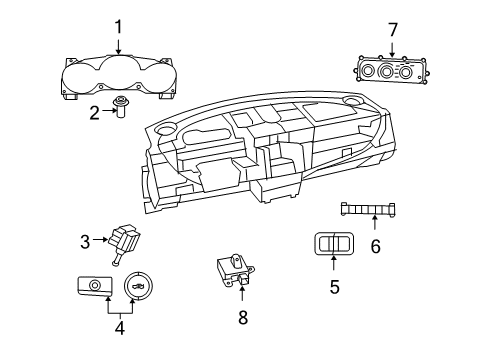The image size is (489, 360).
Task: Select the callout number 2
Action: pos(95,112)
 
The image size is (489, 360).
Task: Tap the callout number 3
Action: pos(85,240)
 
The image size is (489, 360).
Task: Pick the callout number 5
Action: pos(334,286)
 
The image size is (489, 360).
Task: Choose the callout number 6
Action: pos(375,245)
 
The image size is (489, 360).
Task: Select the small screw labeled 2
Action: pos(122,111)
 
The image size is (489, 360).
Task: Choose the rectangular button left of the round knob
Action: pos(93,287)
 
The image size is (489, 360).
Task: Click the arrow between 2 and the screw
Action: pos(109,112)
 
